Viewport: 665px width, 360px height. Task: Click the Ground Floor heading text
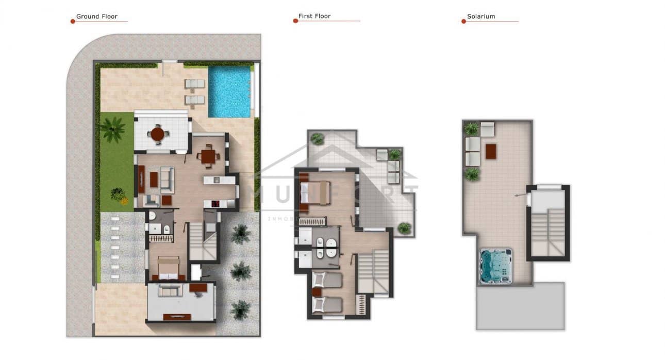[96, 17]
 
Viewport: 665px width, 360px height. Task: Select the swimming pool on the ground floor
[229, 91]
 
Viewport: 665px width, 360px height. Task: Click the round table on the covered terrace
[157, 134]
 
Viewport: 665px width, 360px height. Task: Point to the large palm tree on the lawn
[112, 129]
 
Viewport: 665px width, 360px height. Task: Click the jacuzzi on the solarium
[495, 266]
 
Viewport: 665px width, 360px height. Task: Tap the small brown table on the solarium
[491, 151]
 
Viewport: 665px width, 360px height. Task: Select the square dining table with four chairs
[208, 156]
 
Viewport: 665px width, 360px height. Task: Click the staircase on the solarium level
[547, 232]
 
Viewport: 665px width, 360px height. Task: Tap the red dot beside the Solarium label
[463, 21]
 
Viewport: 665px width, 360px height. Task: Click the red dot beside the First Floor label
[295, 21]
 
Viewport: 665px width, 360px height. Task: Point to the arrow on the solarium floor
[521, 195]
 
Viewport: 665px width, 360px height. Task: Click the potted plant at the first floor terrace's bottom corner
[404, 227]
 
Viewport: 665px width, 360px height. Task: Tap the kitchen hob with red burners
[213, 204]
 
